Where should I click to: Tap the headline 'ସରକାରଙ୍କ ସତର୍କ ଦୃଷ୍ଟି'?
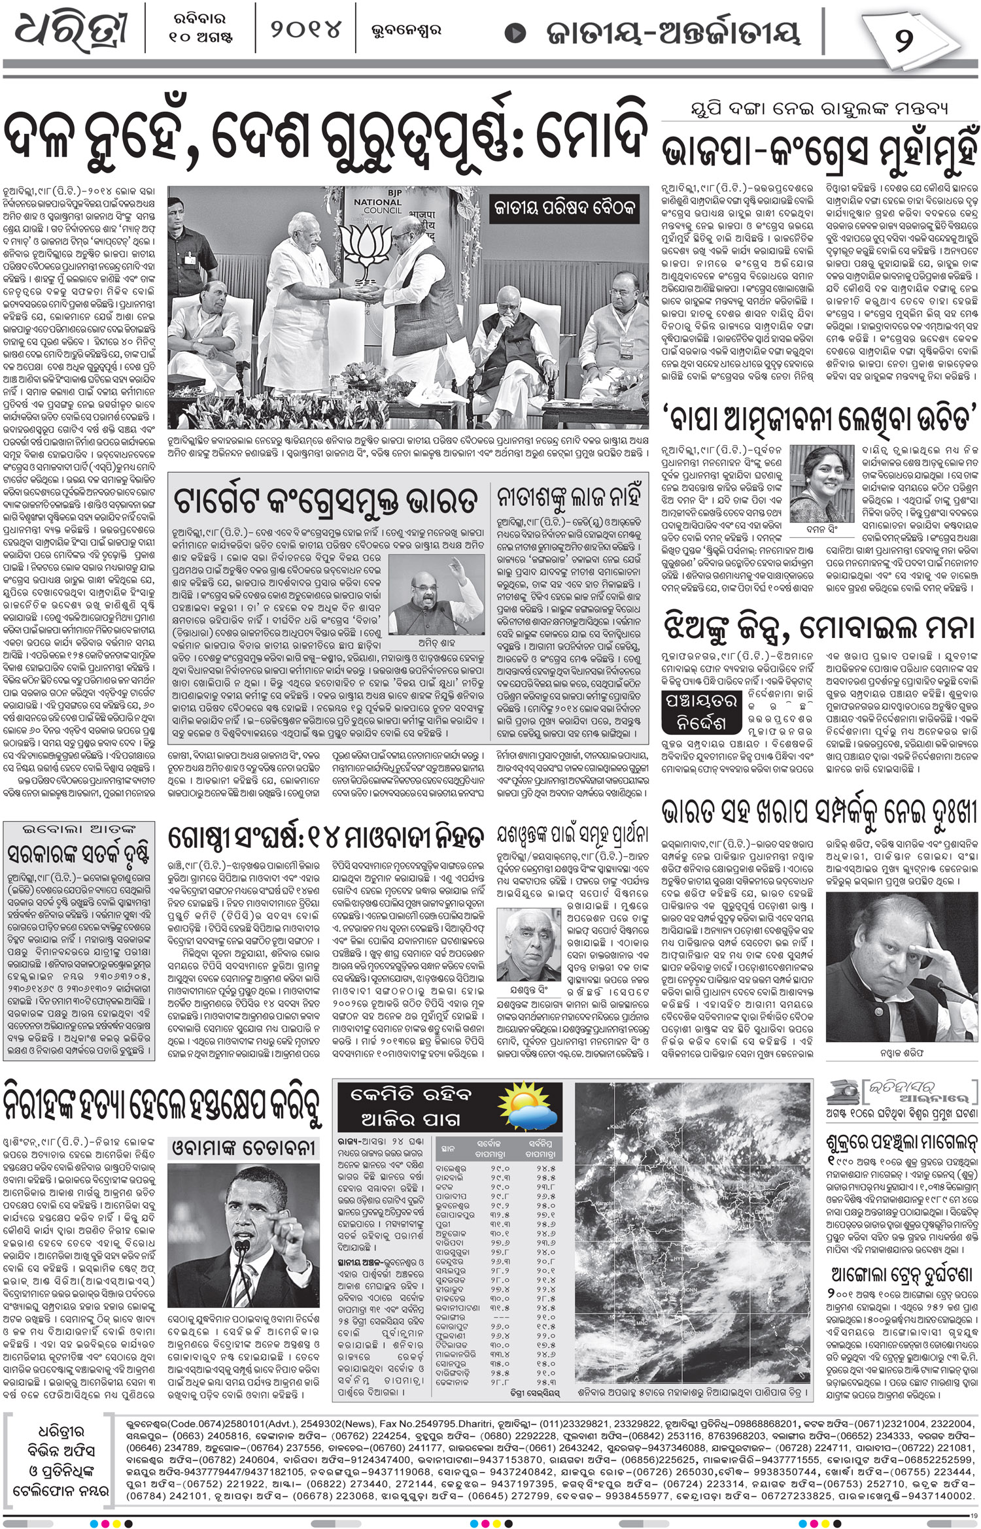(78, 854)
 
